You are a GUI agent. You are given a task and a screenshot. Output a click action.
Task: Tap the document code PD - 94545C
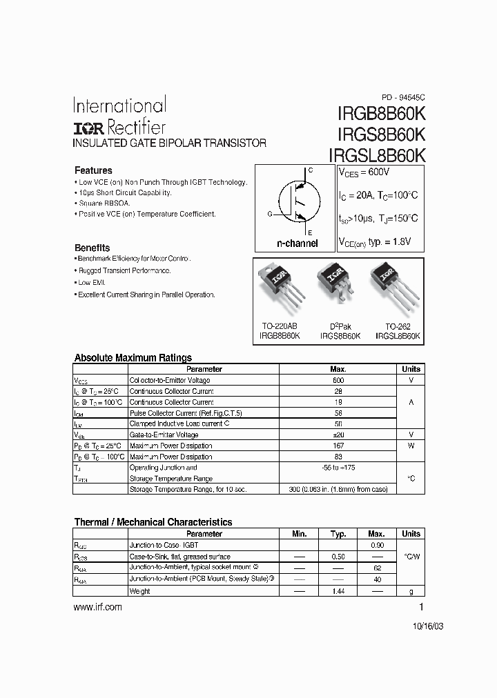404,97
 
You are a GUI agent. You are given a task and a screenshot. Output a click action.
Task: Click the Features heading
93,170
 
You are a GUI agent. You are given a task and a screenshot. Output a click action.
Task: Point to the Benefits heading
92,248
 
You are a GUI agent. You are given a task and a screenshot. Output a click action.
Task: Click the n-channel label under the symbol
297,243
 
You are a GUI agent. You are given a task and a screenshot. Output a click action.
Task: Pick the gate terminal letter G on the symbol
269,215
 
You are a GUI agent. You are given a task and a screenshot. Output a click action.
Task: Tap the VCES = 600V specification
364,172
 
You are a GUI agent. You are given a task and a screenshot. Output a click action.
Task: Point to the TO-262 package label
398,326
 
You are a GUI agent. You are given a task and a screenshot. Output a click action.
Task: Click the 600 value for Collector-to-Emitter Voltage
338,380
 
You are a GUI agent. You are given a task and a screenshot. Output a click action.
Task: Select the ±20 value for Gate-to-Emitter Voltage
338,435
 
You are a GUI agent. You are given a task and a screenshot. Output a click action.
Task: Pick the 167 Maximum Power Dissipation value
338,446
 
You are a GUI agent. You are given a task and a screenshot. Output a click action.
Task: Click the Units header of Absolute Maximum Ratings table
411,369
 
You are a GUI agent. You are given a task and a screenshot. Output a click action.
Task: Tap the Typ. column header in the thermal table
338,534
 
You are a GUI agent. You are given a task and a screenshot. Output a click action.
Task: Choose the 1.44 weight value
338,592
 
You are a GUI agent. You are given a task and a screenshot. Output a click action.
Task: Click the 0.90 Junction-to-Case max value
376,545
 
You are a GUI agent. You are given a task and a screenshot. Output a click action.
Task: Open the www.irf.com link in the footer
97,607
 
